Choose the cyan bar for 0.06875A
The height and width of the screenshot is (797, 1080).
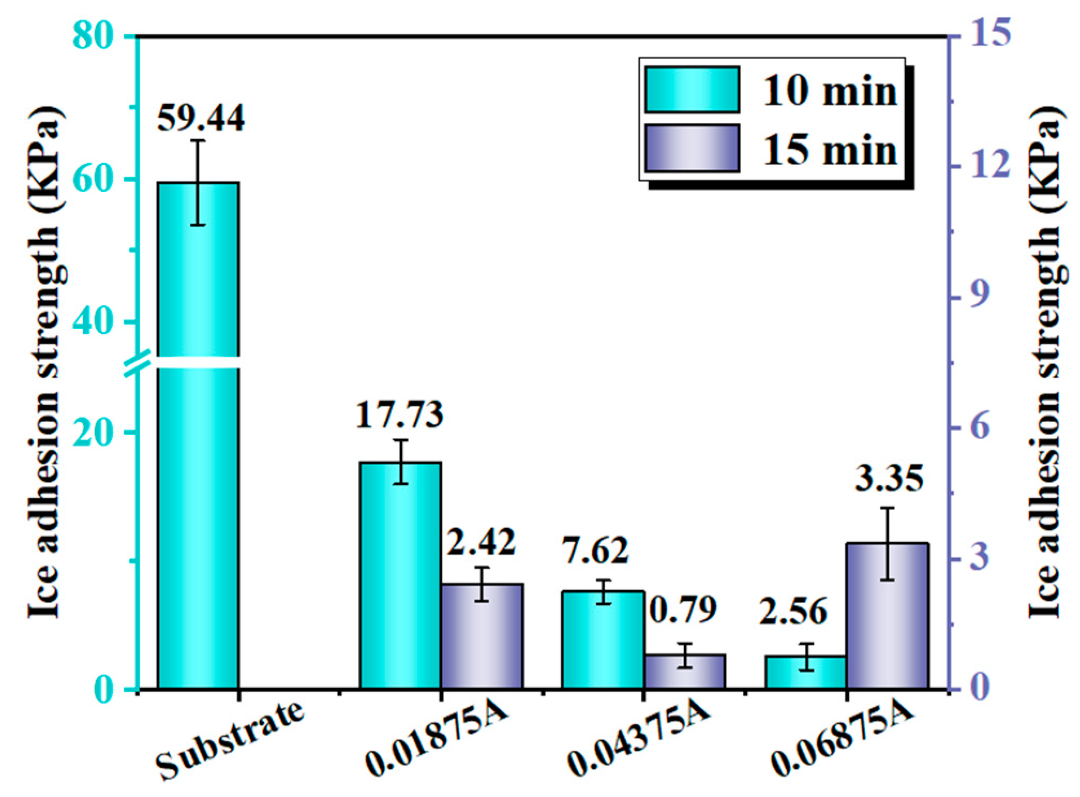point(806,672)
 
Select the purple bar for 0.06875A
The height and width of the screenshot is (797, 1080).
point(887,615)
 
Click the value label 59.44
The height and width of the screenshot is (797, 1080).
point(201,118)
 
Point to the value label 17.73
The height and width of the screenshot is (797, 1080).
point(400,415)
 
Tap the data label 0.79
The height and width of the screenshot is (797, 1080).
point(683,610)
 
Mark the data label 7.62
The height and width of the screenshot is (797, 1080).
point(595,551)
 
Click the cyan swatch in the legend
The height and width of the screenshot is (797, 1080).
point(692,89)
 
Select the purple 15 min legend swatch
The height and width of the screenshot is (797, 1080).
point(692,148)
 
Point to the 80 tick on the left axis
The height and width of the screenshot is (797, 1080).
point(93,36)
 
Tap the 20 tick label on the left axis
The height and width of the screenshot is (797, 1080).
point(93,433)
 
